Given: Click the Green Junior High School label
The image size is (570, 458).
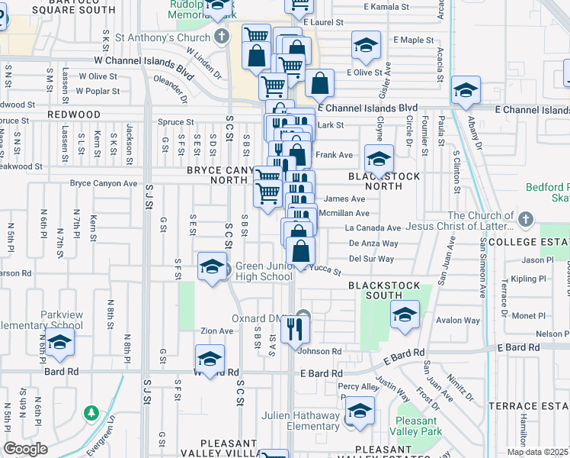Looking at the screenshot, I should (x=264, y=271).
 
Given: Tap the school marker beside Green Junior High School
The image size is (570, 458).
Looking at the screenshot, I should (x=212, y=266).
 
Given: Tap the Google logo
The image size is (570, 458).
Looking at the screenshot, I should (x=25, y=450).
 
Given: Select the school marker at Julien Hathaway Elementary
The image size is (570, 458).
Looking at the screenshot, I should (x=360, y=411).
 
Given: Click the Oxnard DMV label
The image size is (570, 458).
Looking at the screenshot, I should (x=264, y=318).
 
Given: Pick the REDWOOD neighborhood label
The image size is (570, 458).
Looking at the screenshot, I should (x=74, y=114).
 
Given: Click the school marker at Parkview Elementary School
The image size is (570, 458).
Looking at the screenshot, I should (x=59, y=346).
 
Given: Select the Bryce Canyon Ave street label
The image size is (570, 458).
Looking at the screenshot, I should (x=104, y=183).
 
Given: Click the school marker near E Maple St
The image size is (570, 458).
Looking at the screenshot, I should (x=367, y=45).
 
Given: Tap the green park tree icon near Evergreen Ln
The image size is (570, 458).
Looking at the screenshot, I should (x=91, y=413).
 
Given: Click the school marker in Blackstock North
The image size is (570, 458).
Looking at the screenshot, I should (x=379, y=160).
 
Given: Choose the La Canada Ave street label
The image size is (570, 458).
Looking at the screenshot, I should (x=373, y=227).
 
